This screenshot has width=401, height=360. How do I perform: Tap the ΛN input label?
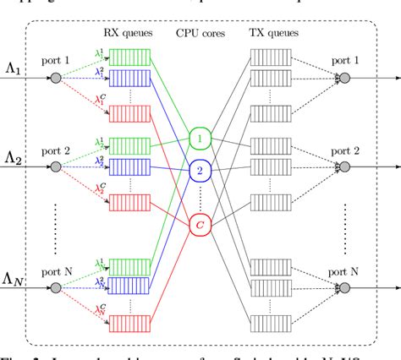(x=15, y=278)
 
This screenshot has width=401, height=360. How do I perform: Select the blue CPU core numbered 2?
(x=199, y=170)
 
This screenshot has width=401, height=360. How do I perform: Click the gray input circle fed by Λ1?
(x=56, y=79)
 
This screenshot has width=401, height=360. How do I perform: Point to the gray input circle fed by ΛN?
(x=56, y=287)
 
